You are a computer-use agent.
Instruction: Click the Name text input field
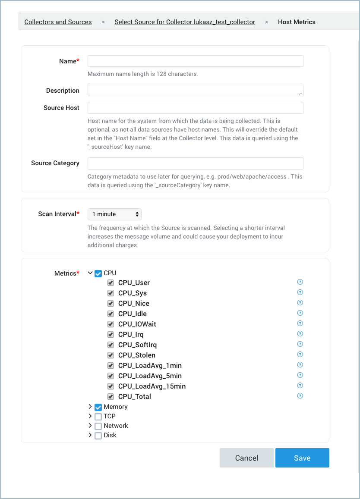point(195,61)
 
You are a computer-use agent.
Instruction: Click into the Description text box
point(195,90)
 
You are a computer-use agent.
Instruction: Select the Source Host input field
point(195,108)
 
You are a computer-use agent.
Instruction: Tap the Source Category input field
point(195,163)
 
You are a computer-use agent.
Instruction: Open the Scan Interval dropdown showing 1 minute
point(114,214)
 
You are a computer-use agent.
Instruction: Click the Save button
point(302,458)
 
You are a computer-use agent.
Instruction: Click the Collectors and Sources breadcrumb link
point(58,22)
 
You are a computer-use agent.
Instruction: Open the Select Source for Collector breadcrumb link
point(185,22)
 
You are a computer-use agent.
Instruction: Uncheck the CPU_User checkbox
point(111,283)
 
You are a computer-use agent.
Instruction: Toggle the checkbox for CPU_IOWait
point(111,324)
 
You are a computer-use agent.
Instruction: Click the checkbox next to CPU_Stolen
point(111,355)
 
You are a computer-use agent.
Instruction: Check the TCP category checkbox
point(98,417)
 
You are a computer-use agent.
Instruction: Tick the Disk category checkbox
point(98,436)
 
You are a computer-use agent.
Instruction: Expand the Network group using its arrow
point(90,426)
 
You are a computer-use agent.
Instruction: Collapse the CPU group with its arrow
point(90,273)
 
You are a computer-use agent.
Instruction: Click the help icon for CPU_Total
point(300,396)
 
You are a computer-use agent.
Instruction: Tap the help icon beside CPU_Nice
point(300,303)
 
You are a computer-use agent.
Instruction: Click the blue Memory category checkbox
point(98,407)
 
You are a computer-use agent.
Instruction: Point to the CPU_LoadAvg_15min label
point(152,386)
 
